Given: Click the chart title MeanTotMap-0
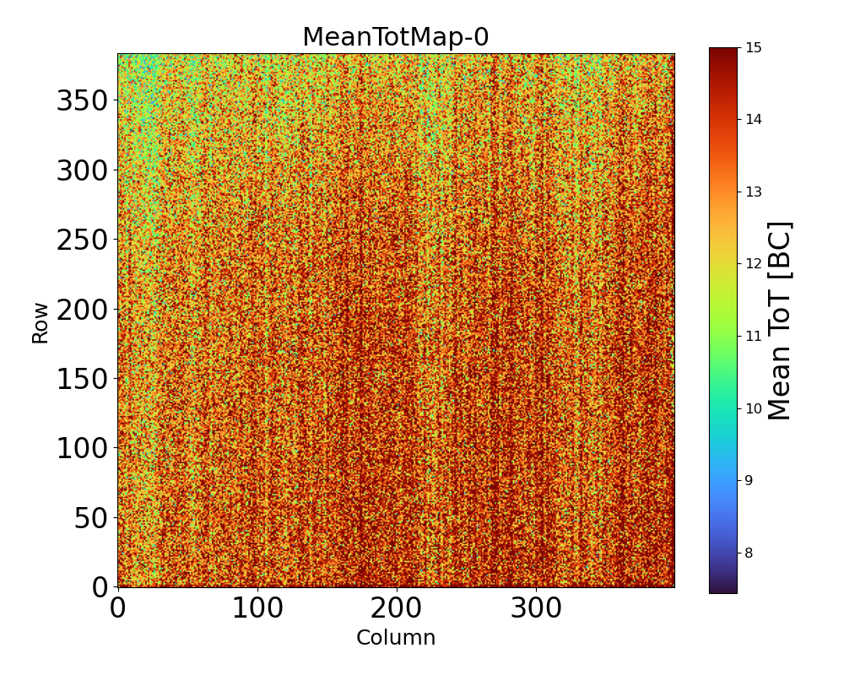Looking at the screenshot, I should pos(395,37).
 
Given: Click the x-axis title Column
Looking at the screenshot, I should pos(395,638).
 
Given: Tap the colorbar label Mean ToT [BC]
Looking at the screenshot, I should pos(780,321).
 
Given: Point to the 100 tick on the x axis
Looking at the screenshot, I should pos(257,607).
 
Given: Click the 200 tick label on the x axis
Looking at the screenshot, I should pos(397,607).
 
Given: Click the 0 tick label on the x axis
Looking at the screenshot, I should pos(118,607).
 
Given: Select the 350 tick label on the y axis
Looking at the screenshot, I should pos(82,101).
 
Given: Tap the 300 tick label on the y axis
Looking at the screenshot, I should pos(82,171).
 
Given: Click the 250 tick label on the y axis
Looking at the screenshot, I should pos(82,240).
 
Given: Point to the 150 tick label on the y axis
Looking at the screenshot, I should pos(82,379).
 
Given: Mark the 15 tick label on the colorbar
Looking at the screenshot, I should pos(754,47).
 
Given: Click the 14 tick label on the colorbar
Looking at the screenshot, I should pos(754,119).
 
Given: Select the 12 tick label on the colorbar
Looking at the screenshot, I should pos(754,264).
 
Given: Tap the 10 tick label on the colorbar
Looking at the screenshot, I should pos(754,408).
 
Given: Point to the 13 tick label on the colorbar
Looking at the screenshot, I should pos(754,192).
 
